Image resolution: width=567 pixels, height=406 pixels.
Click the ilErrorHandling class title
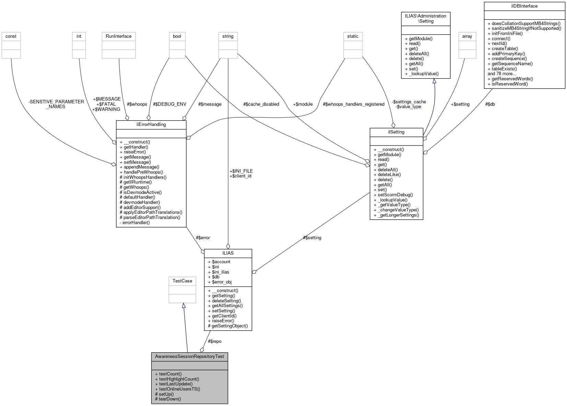[151, 125]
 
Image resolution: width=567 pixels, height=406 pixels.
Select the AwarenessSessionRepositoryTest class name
[189, 357]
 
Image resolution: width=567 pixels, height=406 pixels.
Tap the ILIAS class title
[228, 253]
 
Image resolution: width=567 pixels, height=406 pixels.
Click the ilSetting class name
[396, 132]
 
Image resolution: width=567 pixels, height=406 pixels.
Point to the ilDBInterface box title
[524, 6]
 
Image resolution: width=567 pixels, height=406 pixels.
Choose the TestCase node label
[182, 281]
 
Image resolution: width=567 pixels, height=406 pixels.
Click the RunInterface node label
[118, 36]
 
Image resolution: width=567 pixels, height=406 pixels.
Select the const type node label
[11, 36]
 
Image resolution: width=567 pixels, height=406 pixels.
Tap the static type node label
[352, 36]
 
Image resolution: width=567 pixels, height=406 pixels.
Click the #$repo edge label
[215, 341]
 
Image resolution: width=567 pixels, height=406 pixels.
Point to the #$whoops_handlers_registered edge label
[354, 104]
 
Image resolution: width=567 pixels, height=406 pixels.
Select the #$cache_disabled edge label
[261, 104]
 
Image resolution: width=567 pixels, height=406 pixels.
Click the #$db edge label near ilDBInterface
[490, 104]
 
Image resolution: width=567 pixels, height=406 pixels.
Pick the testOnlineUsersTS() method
[180, 389]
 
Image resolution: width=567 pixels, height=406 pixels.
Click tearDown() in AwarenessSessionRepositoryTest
[170, 399]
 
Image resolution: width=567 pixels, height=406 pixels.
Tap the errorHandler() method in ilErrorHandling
[136, 223]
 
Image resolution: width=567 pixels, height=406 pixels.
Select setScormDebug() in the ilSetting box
[395, 195]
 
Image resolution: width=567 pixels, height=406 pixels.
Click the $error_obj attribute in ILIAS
[221, 282]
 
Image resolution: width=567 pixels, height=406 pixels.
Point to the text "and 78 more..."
[502, 74]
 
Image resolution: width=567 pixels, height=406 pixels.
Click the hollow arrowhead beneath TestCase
[184, 305]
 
